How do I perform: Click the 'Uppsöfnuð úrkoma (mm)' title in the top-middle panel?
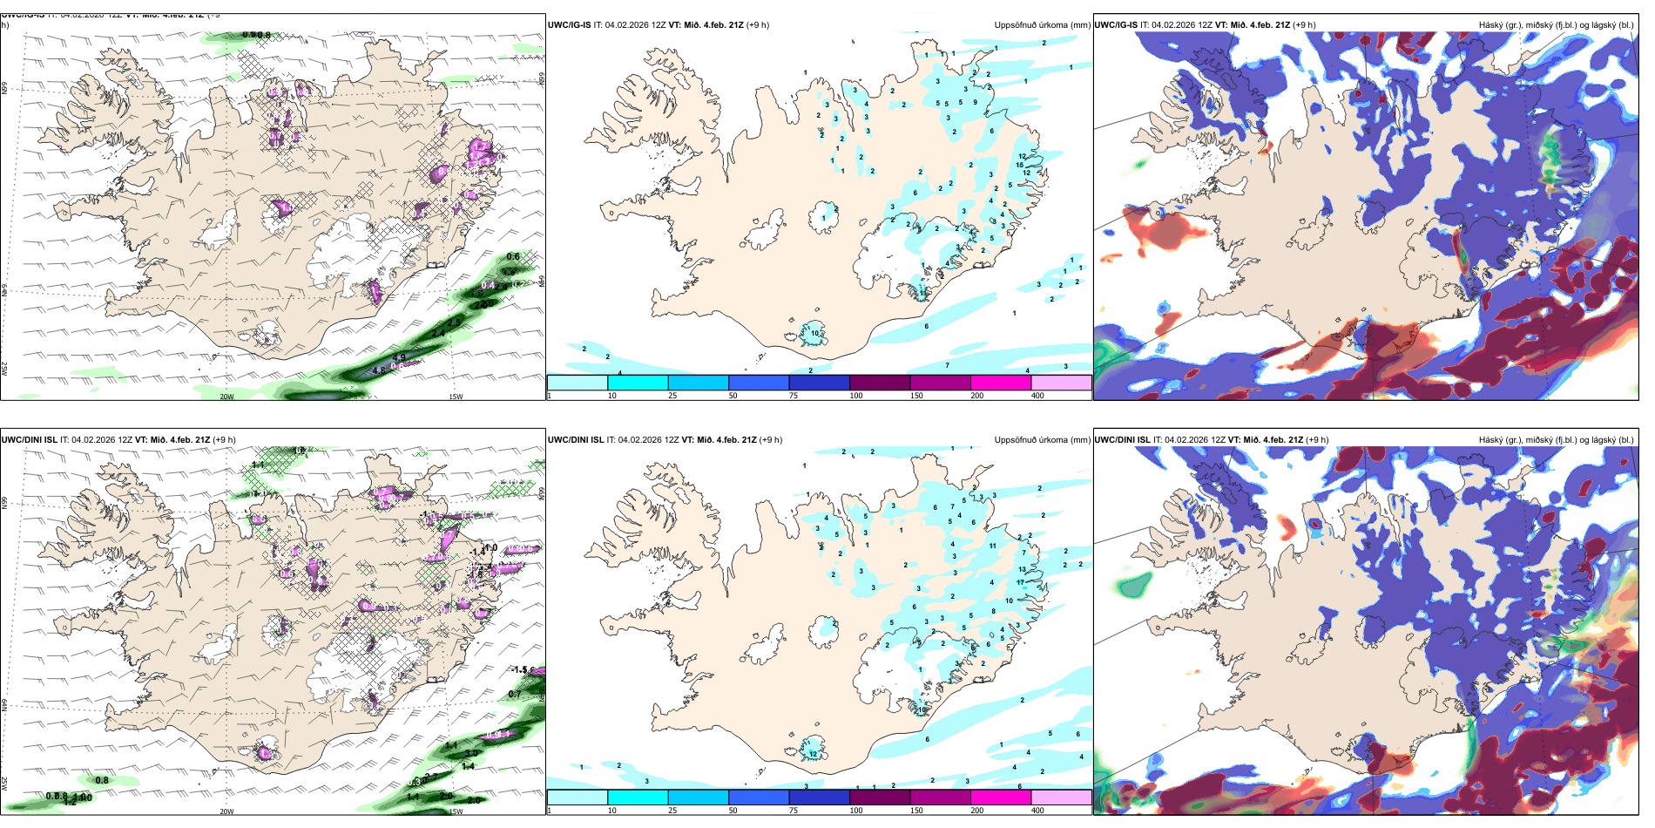pyautogui.click(x=1042, y=25)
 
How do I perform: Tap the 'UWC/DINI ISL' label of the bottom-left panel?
pyautogui.click(x=29, y=440)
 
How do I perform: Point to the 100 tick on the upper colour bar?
pyautogui.click(x=856, y=396)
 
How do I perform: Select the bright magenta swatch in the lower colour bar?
pyautogui.click(x=1001, y=797)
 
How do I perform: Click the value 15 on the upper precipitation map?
pyautogui.click(x=1020, y=165)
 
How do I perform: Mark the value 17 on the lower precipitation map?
pyautogui.click(x=1020, y=582)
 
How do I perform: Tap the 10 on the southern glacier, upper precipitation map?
pyautogui.click(x=815, y=333)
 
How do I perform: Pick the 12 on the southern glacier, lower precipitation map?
pyautogui.click(x=813, y=754)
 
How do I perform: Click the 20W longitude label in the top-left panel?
pyautogui.click(x=226, y=397)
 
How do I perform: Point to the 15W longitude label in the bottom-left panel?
pyautogui.click(x=455, y=811)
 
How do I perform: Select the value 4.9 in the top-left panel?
pyautogui.click(x=399, y=357)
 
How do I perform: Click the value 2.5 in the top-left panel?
pyautogui.click(x=454, y=322)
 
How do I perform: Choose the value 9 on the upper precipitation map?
pyautogui.click(x=975, y=102)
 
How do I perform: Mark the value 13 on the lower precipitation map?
pyautogui.click(x=1022, y=569)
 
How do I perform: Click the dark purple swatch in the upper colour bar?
pyautogui.click(x=880, y=383)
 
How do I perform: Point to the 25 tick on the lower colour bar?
pyautogui.click(x=672, y=811)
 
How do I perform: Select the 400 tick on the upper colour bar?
pyautogui.click(x=1037, y=396)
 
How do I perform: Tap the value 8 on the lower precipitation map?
pyautogui.click(x=993, y=611)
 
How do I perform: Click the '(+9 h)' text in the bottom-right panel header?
pyautogui.click(x=1317, y=440)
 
